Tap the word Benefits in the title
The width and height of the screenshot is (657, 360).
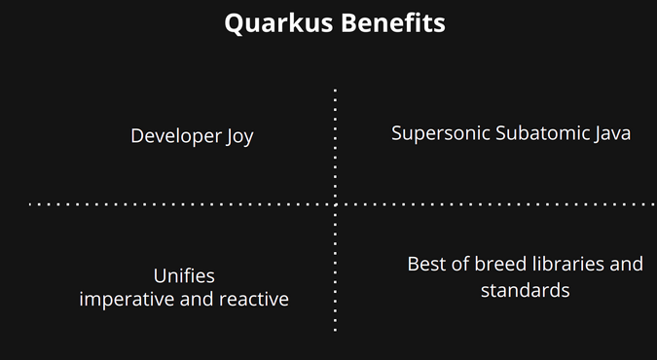point(392,23)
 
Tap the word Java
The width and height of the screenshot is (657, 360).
point(612,133)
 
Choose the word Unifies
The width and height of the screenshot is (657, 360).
point(184,275)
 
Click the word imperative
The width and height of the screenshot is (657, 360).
point(128,299)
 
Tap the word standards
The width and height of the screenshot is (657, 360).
point(525,290)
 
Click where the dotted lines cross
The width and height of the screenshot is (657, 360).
point(336,204)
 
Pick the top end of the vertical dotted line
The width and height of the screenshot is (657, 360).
point(336,90)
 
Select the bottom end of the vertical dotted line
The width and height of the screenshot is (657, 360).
point(336,330)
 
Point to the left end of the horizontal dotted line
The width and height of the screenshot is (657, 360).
point(30,204)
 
